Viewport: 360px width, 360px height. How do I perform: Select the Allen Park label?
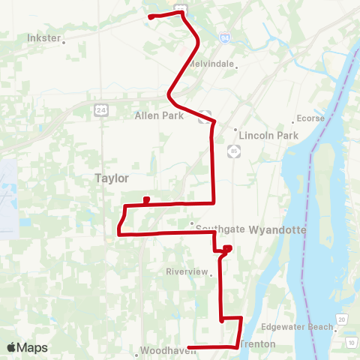(x=159, y=115)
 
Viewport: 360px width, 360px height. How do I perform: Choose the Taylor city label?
(x=112, y=178)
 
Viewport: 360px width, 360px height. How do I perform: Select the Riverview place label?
(x=186, y=272)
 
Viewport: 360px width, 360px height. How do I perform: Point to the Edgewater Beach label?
(x=297, y=327)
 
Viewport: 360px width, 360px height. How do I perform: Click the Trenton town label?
(x=259, y=344)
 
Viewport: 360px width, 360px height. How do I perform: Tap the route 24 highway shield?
(x=101, y=110)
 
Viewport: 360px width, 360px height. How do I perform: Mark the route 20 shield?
(x=341, y=320)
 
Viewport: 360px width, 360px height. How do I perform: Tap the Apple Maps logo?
(x=27, y=347)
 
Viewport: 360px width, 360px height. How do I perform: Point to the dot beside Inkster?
(x=64, y=42)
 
